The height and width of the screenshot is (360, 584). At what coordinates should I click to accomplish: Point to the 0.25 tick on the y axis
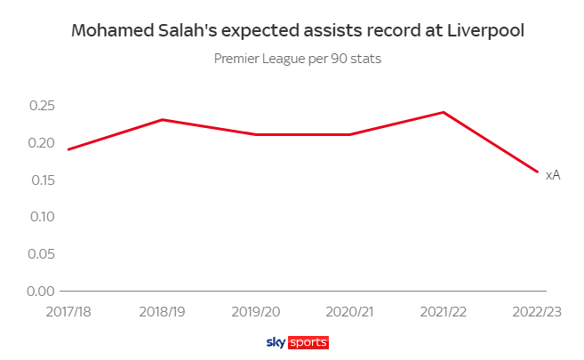pyautogui.click(x=42, y=106)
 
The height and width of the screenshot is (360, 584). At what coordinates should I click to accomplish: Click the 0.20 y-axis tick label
pyautogui.click(x=42, y=143)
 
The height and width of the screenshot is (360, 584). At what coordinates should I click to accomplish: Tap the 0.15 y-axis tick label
pyautogui.click(x=42, y=180)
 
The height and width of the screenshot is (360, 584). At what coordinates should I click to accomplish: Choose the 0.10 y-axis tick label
pyautogui.click(x=42, y=217)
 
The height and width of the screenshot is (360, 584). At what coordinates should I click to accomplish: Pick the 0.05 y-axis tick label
pyautogui.click(x=42, y=254)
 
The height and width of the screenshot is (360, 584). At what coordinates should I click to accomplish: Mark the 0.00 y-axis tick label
pyautogui.click(x=42, y=291)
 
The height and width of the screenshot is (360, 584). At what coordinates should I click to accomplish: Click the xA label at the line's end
pyautogui.click(x=552, y=175)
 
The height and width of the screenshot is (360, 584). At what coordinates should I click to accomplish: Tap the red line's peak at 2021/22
pyautogui.click(x=443, y=112)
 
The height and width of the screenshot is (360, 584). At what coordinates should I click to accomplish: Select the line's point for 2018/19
pyautogui.click(x=163, y=119)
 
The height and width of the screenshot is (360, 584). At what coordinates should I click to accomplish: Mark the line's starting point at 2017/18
pyautogui.click(x=68, y=149)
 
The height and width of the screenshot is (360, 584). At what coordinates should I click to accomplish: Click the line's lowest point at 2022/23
pyautogui.click(x=537, y=172)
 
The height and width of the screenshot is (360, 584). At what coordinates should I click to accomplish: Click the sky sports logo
pyautogui.click(x=297, y=342)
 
